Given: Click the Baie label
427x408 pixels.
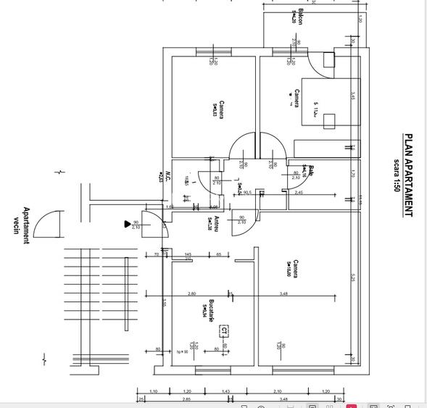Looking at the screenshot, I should [311, 171].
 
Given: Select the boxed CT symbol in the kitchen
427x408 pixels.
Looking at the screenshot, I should [225, 331].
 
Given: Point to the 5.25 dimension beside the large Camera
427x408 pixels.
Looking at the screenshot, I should [352, 278].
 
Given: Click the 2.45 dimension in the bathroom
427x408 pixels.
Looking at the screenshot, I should [320, 193].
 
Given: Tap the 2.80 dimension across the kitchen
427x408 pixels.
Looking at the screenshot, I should [191, 293].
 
